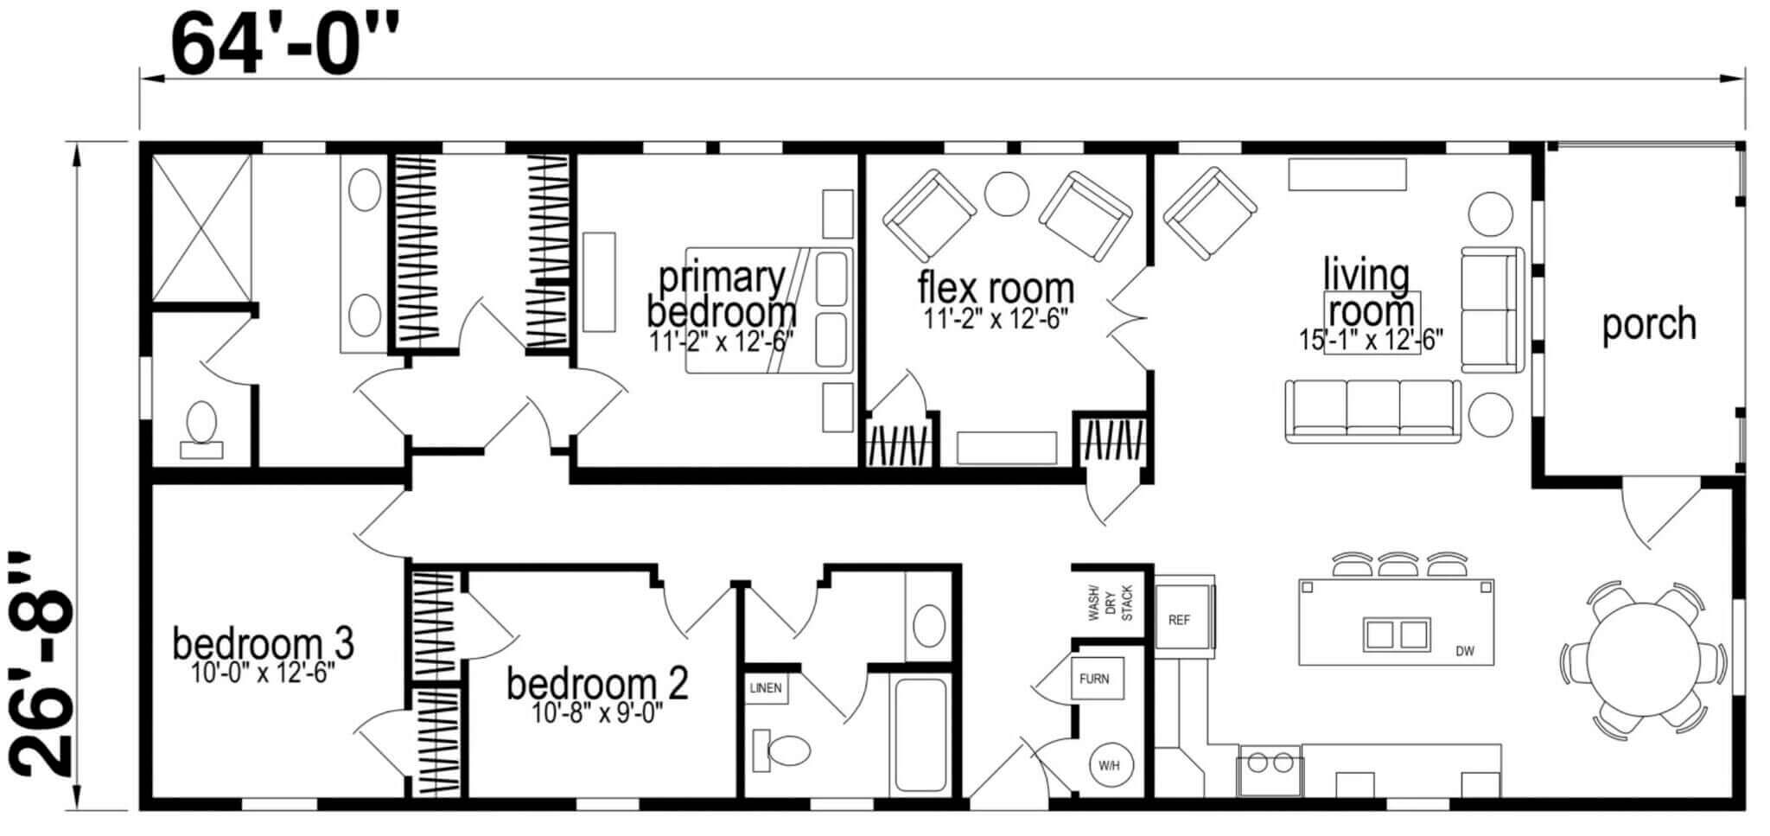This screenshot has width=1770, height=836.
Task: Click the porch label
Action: pyautogui.click(x=1649, y=325)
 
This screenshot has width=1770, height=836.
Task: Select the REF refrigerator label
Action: pyautogui.click(x=1179, y=620)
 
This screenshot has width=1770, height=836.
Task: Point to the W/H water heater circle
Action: pyautogui.click(x=1109, y=765)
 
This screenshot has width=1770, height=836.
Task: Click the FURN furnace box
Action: pyautogui.click(x=1096, y=679)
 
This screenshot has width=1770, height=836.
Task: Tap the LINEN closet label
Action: pyautogui.click(x=766, y=688)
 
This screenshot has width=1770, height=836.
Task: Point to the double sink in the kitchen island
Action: pyautogui.click(x=1397, y=634)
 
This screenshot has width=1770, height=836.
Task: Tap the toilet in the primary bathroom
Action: pyautogui.click(x=201, y=429)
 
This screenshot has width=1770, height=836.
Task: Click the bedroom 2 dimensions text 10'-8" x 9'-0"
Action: pyautogui.click(x=598, y=713)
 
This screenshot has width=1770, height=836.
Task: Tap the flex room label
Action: pyautogui.click(x=996, y=288)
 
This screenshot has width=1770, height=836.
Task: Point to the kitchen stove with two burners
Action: pyautogui.click(x=1269, y=769)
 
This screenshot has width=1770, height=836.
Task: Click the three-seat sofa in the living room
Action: pyautogui.click(x=1373, y=412)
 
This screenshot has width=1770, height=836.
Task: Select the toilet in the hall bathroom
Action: pyautogui.click(x=780, y=750)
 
